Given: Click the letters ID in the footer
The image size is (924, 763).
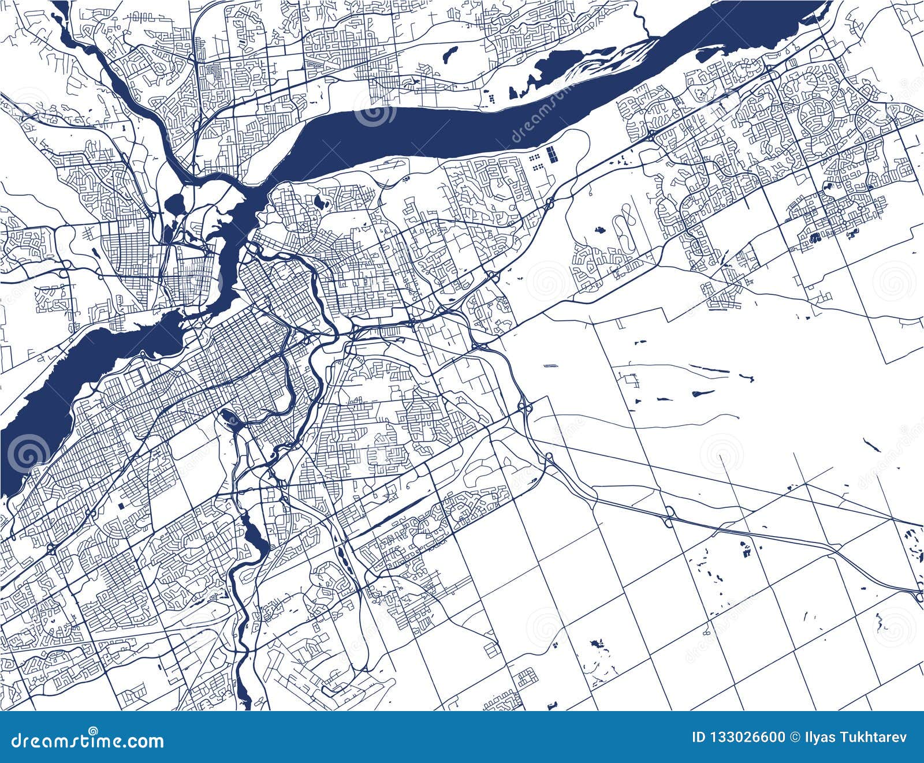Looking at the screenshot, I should point(699,737).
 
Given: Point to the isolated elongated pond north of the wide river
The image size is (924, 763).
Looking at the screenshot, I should point(448,54).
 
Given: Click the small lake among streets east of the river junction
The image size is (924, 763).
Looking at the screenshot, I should point(319,202).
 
